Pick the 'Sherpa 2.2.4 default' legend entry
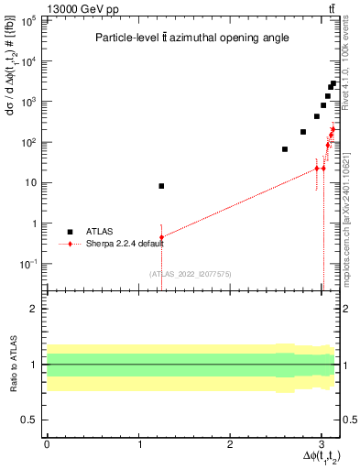71,245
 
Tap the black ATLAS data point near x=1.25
161,186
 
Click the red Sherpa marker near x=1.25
161,237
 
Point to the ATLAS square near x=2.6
285,149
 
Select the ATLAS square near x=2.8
303,132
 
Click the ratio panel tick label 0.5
31,420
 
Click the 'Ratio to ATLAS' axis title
12,364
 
